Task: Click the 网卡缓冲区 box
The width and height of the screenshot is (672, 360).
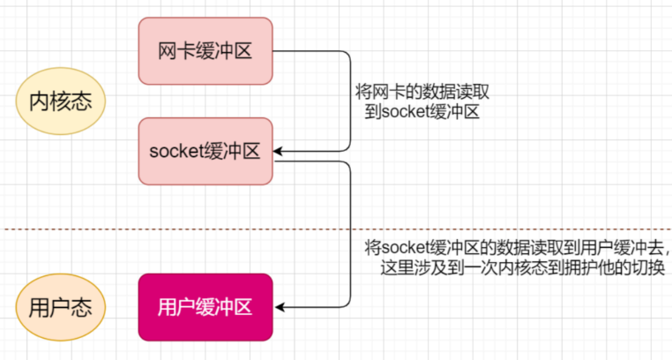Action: pos(205,51)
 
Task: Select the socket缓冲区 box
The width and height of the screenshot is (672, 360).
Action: pos(205,151)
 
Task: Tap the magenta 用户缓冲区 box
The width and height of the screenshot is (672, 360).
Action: pos(205,307)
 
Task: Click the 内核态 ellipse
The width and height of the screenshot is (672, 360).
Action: pos(61,101)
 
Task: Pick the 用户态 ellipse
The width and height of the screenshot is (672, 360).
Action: pos(61,307)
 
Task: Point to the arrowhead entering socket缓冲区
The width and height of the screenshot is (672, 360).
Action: pos(278,151)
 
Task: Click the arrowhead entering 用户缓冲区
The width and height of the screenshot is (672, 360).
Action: pos(279,307)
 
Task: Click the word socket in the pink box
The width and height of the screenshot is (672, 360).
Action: pos(175,151)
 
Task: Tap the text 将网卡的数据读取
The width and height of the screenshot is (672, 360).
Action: pos(422,92)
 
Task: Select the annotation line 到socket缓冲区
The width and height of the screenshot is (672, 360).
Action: pos(422,112)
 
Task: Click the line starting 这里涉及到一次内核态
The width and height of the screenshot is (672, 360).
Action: pos(522,267)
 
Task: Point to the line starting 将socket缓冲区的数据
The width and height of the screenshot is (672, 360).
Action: pos(518,248)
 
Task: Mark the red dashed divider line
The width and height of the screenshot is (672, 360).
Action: pos(336,229)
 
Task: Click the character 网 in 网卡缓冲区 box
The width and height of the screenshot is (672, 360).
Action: pos(168,51)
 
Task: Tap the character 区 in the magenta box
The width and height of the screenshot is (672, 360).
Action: pos(243,307)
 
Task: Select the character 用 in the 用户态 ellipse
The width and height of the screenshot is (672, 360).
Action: pos(39,308)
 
